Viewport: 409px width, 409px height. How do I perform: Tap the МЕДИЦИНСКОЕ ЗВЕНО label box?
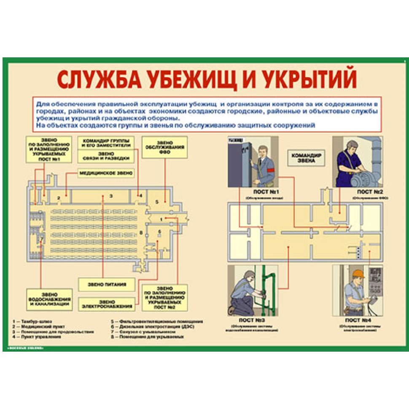coord(105,172)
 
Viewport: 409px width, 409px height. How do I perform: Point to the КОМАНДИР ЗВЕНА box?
coord(307,158)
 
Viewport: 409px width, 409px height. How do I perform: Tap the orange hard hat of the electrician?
coord(358,273)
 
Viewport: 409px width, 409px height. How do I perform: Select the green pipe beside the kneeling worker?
coord(266,291)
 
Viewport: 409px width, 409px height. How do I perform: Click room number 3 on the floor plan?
coord(110,196)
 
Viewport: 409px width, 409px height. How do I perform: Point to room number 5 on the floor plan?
coord(157,202)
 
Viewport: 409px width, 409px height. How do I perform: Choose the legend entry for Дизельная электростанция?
coord(152,327)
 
